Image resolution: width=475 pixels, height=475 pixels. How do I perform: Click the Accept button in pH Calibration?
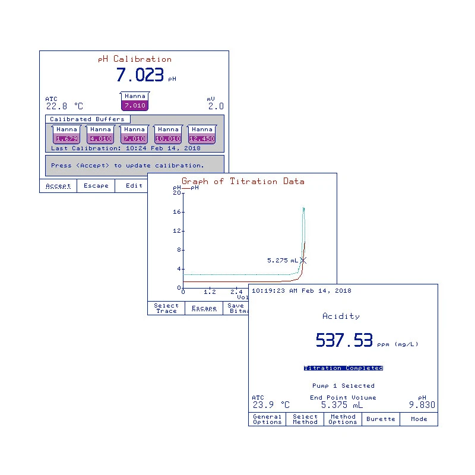tap(58, 186)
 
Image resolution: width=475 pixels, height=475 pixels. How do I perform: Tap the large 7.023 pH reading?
tap(140, 75)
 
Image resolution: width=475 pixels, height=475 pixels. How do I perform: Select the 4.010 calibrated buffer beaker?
tap(100, 135)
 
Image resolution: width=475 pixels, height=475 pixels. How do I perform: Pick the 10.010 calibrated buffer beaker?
tap(168, 135)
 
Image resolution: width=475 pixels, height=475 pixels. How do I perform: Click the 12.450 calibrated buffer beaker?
tap(201, 135)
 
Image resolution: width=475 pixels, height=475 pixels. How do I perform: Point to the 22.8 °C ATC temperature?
tap(64, 106)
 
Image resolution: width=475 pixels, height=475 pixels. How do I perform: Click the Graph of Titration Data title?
tap(243, 181)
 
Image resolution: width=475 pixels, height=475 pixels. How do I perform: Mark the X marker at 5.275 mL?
tap(303, 260)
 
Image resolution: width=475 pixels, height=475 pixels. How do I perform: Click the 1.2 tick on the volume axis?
tap(210, 292)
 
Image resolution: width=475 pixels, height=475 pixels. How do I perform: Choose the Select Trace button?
tap(166, 308)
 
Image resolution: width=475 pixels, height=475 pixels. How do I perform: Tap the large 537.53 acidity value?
tap(344, 340)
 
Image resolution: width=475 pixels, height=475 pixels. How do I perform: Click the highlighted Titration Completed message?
tap(343, 368)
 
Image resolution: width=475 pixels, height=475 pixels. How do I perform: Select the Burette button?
tap(381, 419)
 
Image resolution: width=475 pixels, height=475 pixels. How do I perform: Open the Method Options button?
tap(343, 419)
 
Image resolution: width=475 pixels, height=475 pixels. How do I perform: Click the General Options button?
tap(267, 419)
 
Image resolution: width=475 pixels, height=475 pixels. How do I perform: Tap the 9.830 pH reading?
tap(422, 405)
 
